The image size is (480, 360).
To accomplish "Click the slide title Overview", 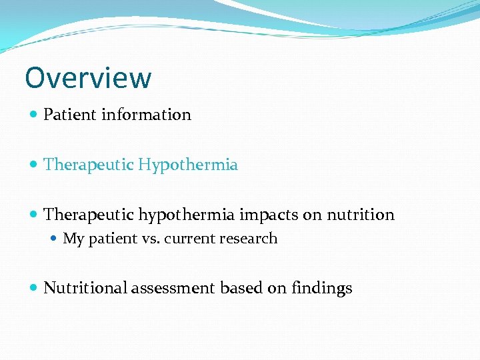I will coord(88,78).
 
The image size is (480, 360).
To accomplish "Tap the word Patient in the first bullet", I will coord(70,115).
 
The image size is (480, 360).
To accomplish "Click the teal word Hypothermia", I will coord(188,165).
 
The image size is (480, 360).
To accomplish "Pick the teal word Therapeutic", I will coord(89,165).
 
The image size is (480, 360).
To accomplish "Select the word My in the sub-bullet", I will coord(72,239).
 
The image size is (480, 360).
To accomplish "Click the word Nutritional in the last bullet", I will coord(85,288).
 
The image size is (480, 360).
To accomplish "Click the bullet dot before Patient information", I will coord(34,115).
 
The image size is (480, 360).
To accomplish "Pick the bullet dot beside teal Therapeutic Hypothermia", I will coord(34,165).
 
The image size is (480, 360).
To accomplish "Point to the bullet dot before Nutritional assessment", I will coord(34,288).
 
